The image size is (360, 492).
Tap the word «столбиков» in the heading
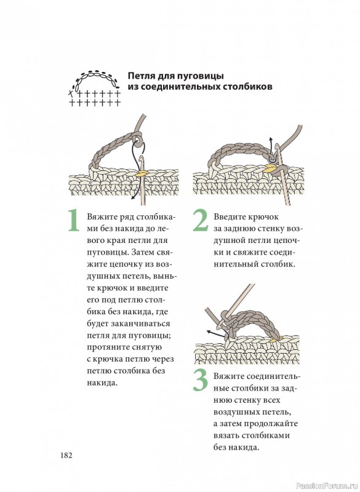coord(247,86)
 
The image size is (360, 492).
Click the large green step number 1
coord(74,221)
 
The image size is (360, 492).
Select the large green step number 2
coord(200,221)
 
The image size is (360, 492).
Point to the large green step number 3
coord(201,381)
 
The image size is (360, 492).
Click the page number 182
coord(66,455)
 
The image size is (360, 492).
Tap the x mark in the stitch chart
coord(71,93)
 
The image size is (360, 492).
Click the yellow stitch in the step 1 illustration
coord(142,173)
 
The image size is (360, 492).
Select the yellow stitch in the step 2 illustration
coord(271,170)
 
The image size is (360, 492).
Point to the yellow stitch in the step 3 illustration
coord(274,339)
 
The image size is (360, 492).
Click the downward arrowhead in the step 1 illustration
coord(133,197)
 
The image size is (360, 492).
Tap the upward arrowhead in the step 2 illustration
coord(271,140)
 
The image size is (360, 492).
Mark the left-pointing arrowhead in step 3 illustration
coord(209,331)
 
